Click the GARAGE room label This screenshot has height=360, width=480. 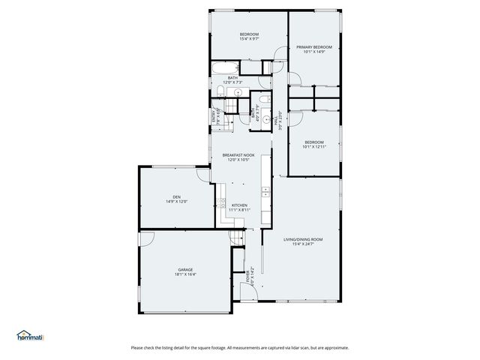pos(185,269)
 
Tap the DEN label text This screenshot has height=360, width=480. pos(176,196)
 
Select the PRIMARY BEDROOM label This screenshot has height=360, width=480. pos(313,46)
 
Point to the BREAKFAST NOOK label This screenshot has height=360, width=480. pos(238,155)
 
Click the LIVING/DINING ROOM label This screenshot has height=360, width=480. pos(303,239)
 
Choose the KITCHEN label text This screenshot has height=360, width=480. pos(239,205)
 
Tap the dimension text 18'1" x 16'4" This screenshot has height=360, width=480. pos(185,274)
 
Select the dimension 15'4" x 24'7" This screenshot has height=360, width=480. pos(303,244)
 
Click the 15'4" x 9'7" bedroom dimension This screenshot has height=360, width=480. pos(249,40)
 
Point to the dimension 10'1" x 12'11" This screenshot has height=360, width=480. pos(314,147)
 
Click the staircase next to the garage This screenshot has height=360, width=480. pos(238,239)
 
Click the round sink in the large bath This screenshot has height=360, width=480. pos(238,92)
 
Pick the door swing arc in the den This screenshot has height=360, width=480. pos(203,175)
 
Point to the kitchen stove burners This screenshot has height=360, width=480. pos(223,202)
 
